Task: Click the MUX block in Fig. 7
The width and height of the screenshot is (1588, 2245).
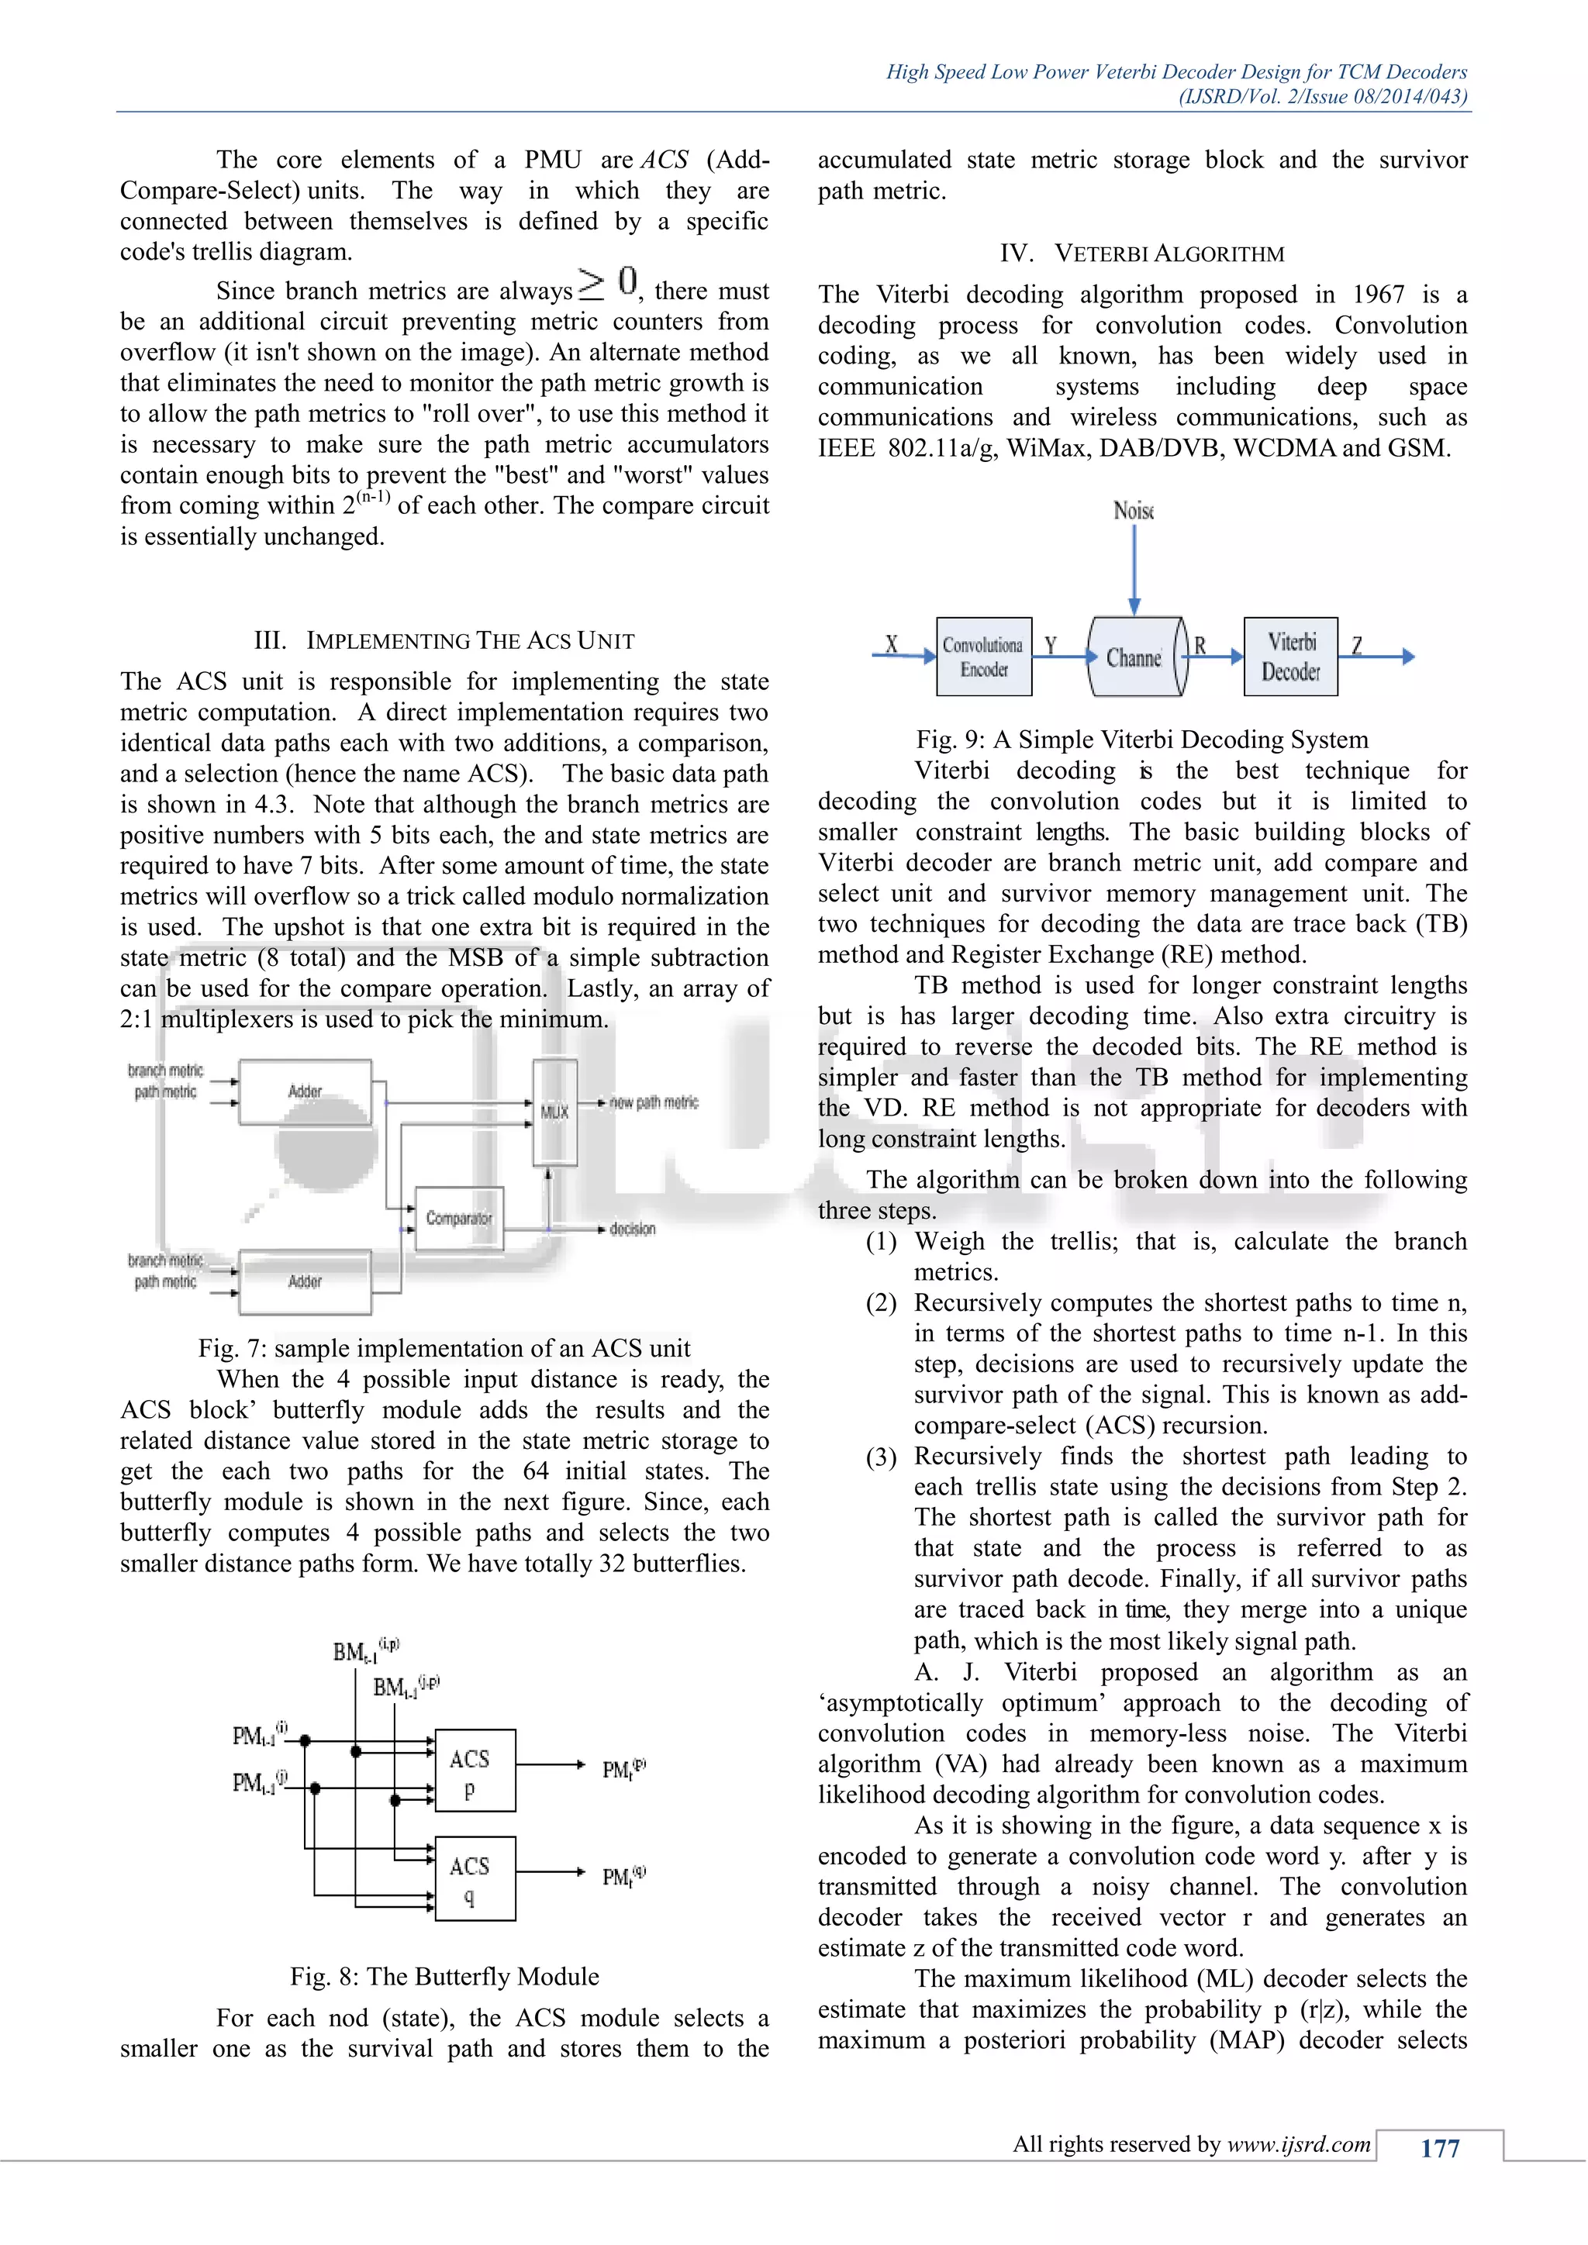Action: [x=554, y=1112]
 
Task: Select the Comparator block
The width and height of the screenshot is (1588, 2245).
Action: [x=458, y=1219]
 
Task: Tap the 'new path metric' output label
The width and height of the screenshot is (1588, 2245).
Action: [x=653, y=1102]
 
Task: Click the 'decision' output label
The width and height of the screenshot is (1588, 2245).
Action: [x=632, y=1229]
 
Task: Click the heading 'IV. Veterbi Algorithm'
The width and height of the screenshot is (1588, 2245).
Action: [x=1141, y=254]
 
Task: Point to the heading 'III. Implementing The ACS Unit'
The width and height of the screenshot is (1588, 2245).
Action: [x=444, y=640]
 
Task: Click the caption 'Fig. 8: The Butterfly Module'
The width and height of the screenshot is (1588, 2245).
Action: [x=444, y=1976]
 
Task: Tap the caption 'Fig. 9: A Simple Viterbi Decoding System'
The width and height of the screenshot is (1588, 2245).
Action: [x=1141, y=740]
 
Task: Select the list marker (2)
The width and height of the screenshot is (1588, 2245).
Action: [x=881, y=1303]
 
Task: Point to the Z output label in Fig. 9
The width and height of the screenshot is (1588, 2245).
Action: [x=1356, y=645]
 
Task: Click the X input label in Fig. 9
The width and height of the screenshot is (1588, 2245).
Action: [x=891, y=644]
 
